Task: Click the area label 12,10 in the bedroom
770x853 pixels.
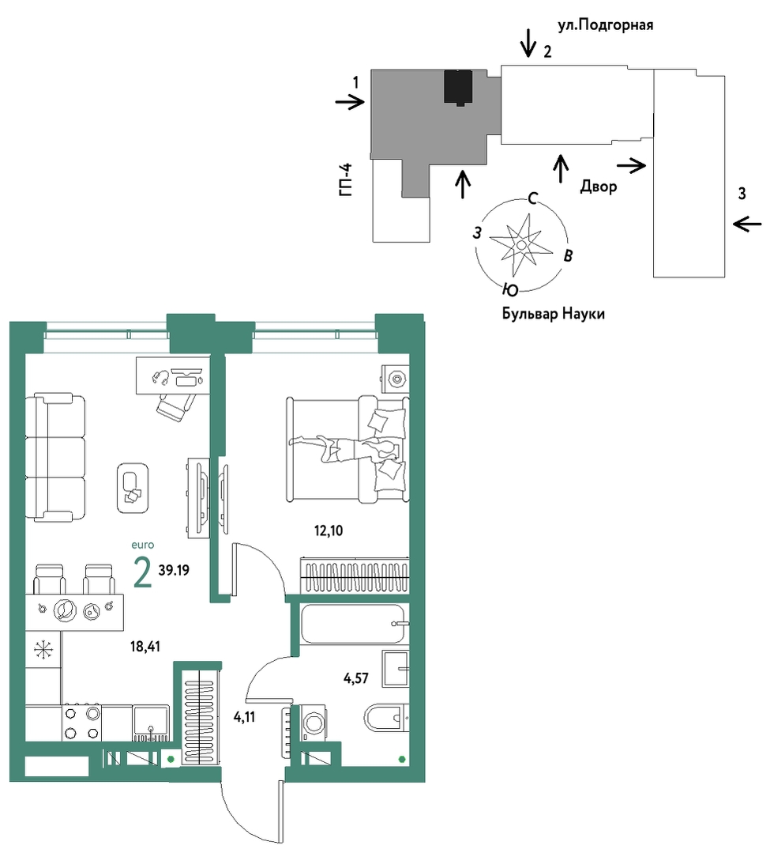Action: pyautogui.click(x=329, y=530)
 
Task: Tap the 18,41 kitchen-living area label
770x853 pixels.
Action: pyautogui.click(x=145, y=647)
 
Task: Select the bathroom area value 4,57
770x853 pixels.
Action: pyautogui.click(x=356, y=678)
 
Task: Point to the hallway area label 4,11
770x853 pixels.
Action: pyautogui.click(x=244, y=718)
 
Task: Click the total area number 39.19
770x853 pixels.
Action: pyautogui.click(x=174, y=570)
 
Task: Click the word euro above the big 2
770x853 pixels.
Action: pyautogui.click(x=143, y=545)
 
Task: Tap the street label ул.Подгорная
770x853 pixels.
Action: pyautogui.click(x=606, y=25)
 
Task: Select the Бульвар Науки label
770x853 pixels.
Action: pyautogui.click(x=553, y=314)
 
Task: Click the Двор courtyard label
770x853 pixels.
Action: pyautogui.click(x=599, y=187)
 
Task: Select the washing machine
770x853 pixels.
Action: pyautogui.click(x=313, y=723)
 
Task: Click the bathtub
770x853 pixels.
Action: pyautogui.click(x=353, y=624)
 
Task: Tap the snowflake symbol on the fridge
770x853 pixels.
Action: pyautogui.click(x=43, y=650)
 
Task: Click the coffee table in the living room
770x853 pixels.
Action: pyautogui.click(x=133, y=488)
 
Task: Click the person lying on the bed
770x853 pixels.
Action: pyautogui.click(x=344, y=448)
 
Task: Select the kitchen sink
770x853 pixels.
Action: pyautogui.click(x=151, y=723)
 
